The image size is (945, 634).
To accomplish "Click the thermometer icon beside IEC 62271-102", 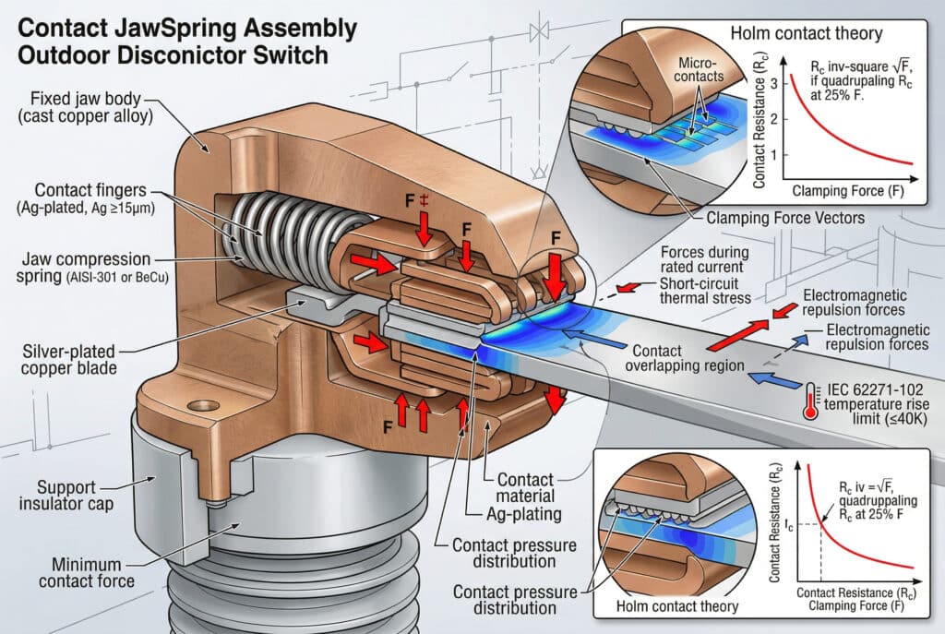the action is pyautogui.click(x=810, y=401).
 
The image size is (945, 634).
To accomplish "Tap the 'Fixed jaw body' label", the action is pyautogui.click(x=86, y=107).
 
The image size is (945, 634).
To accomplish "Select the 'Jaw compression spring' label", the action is pyautogui.click(x=91, y=268).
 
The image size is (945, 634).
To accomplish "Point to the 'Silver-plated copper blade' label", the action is pyautogui.click(x=68, y=359).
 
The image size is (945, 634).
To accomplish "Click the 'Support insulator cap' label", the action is pyautogui.click(x=66, y=495).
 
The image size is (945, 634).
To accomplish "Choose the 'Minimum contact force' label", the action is pyautogui.click(x=86, y=572).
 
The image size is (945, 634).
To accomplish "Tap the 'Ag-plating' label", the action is pyautogui.click(x=524, y=514).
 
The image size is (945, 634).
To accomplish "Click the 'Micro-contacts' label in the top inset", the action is pyautogui.click(x=699, y=69).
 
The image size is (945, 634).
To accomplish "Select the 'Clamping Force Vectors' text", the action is pyautogui.click(x=785, y=218).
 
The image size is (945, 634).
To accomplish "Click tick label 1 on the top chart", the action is pyautogui.click(x=774, y=154).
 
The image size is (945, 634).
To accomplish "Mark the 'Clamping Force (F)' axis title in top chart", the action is pyautogui.click(x=848, y=191).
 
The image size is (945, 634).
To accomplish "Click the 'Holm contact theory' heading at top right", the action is pyautogui.click(x=807, y=33).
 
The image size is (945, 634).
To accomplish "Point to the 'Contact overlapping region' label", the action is pyautogui.click(x=685, y=359).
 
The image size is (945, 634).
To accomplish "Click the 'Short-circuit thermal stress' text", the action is pyautogui.click(x=705, y=291).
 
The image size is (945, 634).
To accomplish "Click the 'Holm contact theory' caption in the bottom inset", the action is pyautogui.click(x=676, y=606).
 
